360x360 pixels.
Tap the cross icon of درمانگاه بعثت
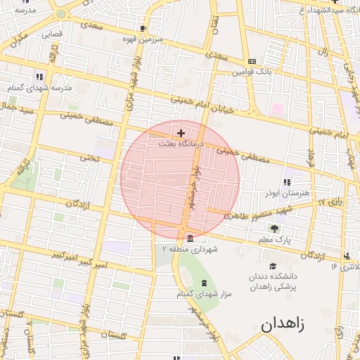pos(181,132)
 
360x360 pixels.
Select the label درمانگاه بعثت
pos(181,143)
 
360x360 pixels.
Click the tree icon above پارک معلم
pos(274,228)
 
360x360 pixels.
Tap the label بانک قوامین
pos(252,72)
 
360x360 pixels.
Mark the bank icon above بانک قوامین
pos(252,61)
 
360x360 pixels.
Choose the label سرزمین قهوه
pos(144,39)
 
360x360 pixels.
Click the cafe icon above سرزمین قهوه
pos(143,29)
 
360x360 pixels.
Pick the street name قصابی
pos(51,33)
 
